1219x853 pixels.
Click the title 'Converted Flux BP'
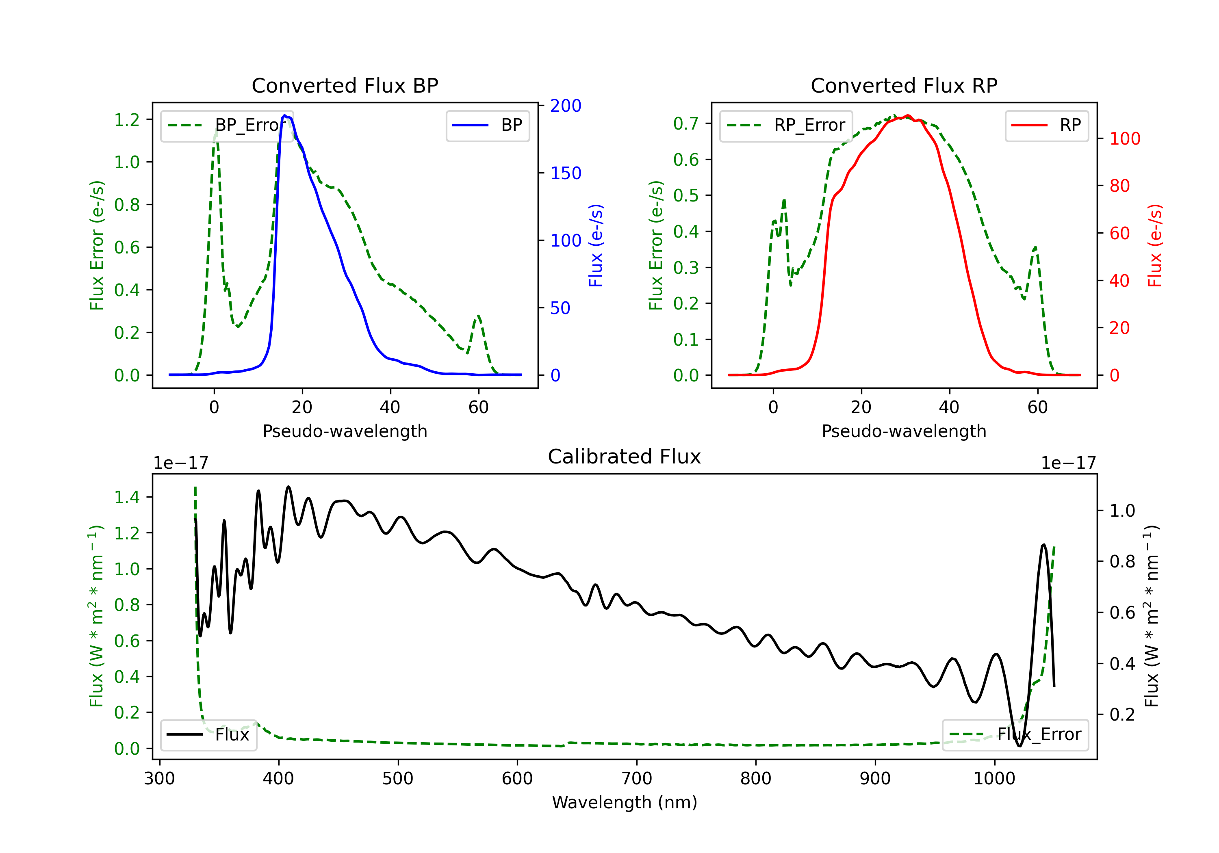coord(345,85)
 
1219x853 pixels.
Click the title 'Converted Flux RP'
coord(904,85)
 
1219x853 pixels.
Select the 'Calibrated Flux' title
coord(625,457)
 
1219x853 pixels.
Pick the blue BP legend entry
coord(487,125)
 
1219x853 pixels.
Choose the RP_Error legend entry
coord(786,125)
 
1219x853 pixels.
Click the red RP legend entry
coord(1046,125)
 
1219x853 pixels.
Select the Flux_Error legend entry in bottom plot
coord(1015,735)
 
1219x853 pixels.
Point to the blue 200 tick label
coord(566,106)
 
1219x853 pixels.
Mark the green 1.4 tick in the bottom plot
coord(127,497)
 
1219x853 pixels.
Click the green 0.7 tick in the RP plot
coord(686,123)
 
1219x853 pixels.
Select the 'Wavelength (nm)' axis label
coord(625,802)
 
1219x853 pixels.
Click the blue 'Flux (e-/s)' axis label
coord(596,245)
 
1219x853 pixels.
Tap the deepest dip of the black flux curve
coord(1019,746)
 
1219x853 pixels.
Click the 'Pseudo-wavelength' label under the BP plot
coord(345,431)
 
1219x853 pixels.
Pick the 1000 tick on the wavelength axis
coord(994,779)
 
